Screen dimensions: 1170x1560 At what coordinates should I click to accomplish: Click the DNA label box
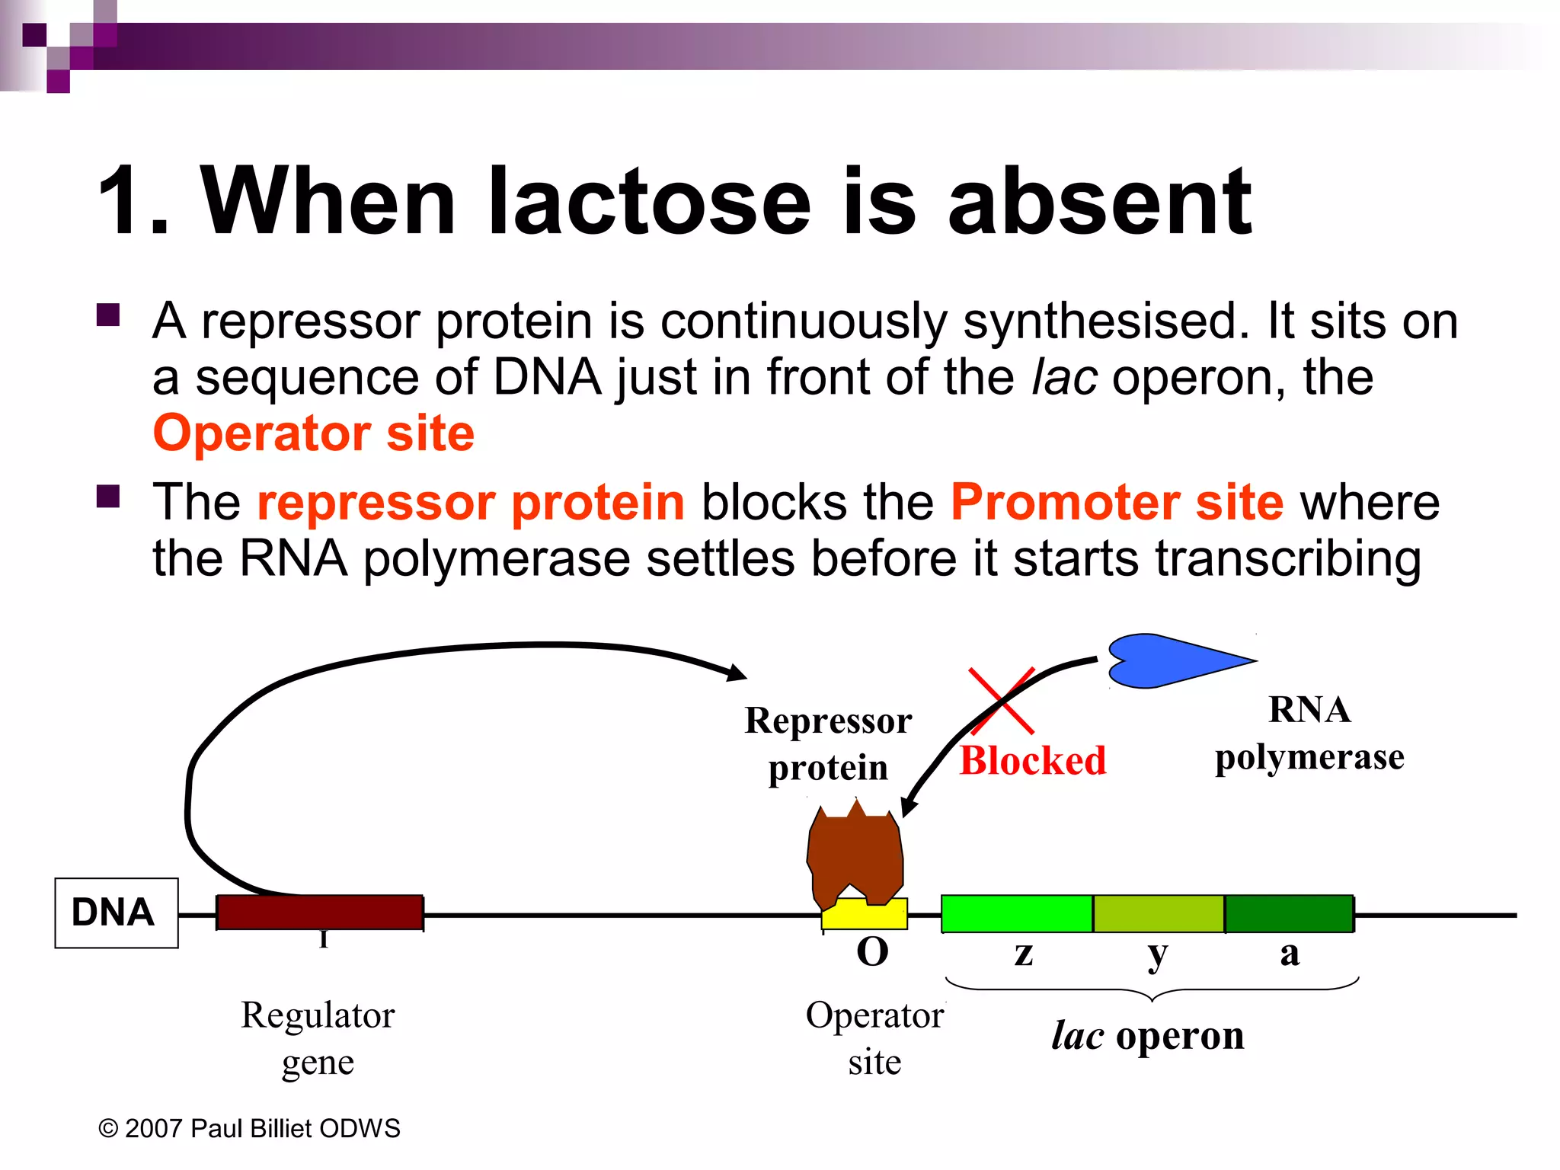coord(116,913)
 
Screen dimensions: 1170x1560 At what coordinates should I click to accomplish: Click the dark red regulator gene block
coord(319,912)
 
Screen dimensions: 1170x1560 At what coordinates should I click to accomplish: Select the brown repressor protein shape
coord(855,857)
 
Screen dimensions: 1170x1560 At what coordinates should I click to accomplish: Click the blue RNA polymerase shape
coord(1165,660)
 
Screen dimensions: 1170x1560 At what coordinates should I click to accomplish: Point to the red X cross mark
coord(1001,700)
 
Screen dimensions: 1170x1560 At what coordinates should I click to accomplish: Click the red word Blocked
coord(1032,760)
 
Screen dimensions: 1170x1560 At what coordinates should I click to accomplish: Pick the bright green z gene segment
coord(1016,913)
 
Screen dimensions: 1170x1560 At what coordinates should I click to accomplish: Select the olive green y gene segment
coord(1158,913)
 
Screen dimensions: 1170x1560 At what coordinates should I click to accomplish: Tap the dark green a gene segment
coord(1289,913)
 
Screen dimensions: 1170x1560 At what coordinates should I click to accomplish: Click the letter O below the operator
coord(872,952)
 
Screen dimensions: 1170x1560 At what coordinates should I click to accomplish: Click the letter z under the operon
coord(1023,954)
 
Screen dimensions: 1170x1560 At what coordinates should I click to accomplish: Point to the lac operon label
coord(1147,1036)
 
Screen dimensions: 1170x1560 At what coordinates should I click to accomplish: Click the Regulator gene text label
coord(318,1037)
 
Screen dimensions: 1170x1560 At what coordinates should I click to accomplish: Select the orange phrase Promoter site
coord(1117,503)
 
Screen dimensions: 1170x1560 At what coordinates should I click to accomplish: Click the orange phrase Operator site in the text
coord(313,433)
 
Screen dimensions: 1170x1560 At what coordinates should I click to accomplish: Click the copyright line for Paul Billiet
coord(249,1128)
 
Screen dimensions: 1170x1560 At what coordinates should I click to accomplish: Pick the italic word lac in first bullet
coord(1063,378)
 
